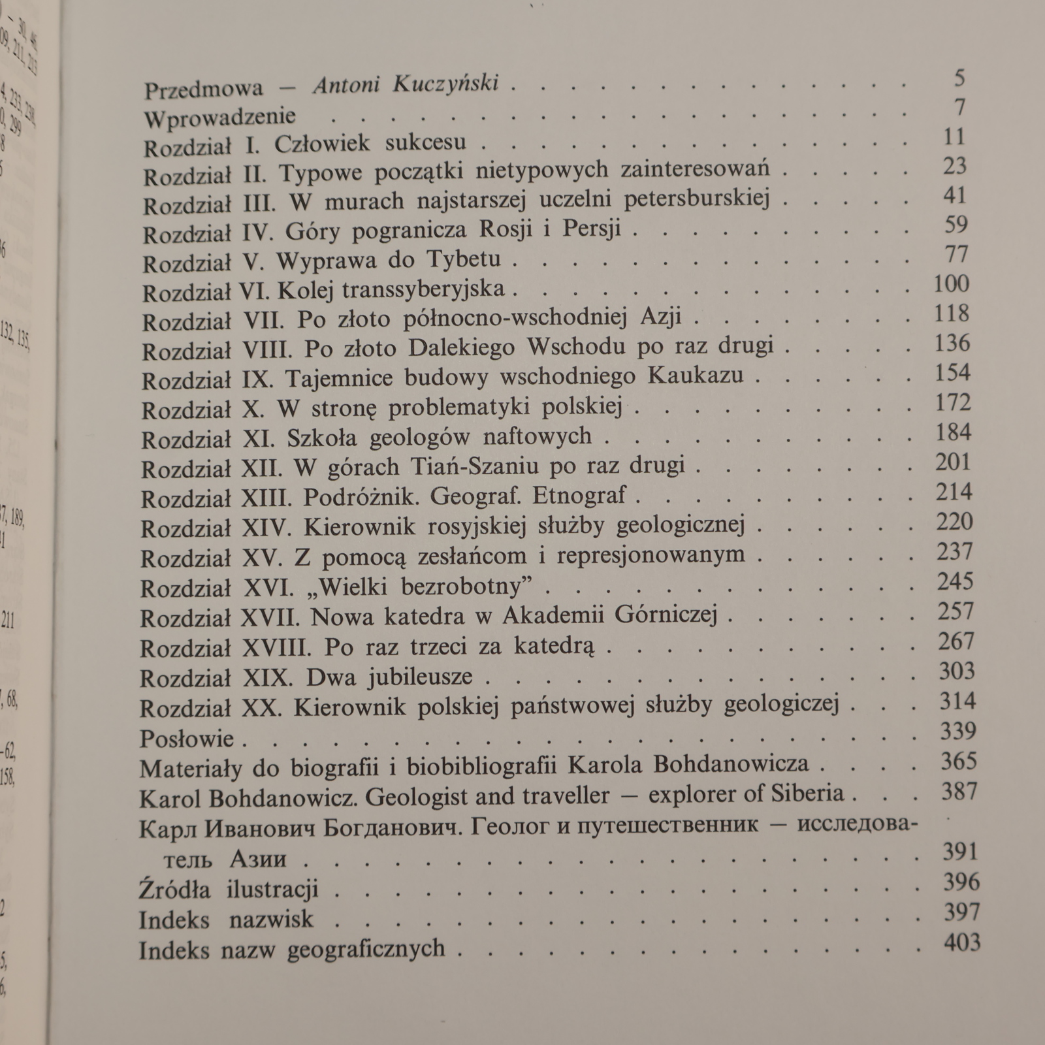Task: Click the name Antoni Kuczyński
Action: [x=406, y=85]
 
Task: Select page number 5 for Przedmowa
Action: [x=959, y=78]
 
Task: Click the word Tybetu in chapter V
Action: [x=464, y=259]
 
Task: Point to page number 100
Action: [x=951, y=284]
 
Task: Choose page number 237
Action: [x=954, y=553]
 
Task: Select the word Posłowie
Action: [x=187, y=739]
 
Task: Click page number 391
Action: [x=960, y=852]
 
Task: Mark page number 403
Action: [x=961, y=942]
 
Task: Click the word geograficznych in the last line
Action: [x=366, y=948]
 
